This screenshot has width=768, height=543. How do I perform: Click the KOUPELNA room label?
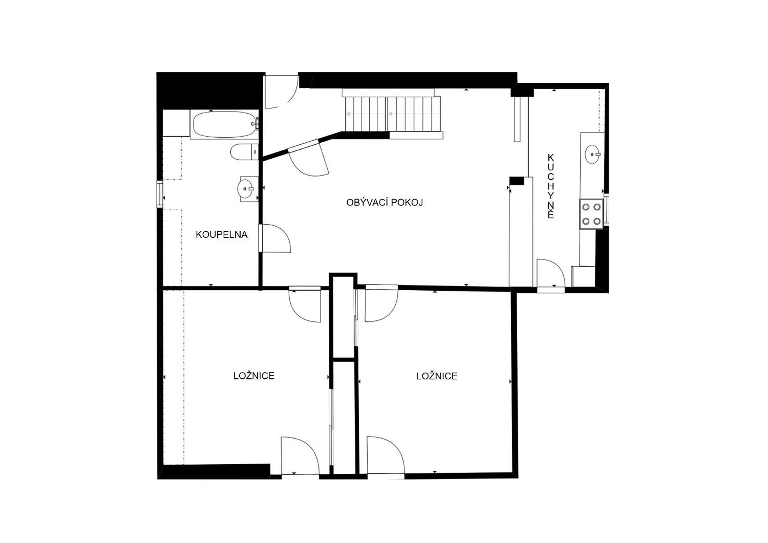pyautogui.click(x=222, y=235)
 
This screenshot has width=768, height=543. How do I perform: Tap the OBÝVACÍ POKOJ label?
pyautogui.click(x=384, y=202)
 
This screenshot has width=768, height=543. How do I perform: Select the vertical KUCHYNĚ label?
pyautogui.click(x=551, y=186)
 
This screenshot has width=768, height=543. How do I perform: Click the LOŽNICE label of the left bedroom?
pyautogui.click(x=254, y=376)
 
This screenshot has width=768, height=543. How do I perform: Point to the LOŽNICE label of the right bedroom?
pyautogui.click(x=437, y=376)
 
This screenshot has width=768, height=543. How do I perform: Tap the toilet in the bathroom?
pyautogui.click(x=244, y=152)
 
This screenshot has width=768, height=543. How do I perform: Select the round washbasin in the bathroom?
pyautogui.click(x=246, y=188)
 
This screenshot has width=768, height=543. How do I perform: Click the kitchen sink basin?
pyautogui.click(x=592, y=154)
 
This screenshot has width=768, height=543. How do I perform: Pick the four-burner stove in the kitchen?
pyautogui.click(x=592, y=214)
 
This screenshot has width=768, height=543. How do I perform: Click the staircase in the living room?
pyautogui.click(x=393, y=114)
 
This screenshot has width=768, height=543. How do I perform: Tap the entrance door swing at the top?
pyautogui.click(x=281, y=92)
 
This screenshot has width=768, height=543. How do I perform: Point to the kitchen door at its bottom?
pyautogui.click(x=550, y=275)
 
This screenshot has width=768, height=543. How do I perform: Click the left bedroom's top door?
pyautogui.click(x=305, y=304)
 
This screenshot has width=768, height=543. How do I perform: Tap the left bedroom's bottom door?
pyautogui.click(x=300, y=456)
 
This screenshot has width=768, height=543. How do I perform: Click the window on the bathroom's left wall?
pyautogui.click(x=160, y=194)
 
